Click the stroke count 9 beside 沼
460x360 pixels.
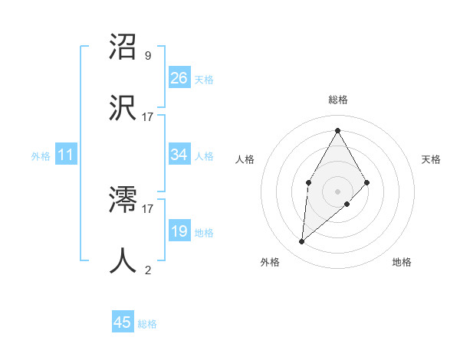point(148,55)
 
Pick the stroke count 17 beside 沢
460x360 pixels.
point(148,116)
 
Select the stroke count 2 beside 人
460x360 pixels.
point(148,270)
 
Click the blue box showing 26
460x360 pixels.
point(179,77)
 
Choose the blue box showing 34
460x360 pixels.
point(179,155)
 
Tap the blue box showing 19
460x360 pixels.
point(179,231)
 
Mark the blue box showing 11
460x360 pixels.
point(66,155)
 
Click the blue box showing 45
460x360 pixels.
point(123,322)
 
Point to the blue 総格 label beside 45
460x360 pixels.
point(147,324)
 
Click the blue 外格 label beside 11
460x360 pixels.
point(41,156)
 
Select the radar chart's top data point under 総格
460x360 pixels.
point(337,130)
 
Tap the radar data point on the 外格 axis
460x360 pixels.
point(302,242)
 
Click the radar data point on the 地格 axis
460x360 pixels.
point(347,204)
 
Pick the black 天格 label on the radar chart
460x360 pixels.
point(431,159)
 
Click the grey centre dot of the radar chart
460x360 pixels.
point(337,190)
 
